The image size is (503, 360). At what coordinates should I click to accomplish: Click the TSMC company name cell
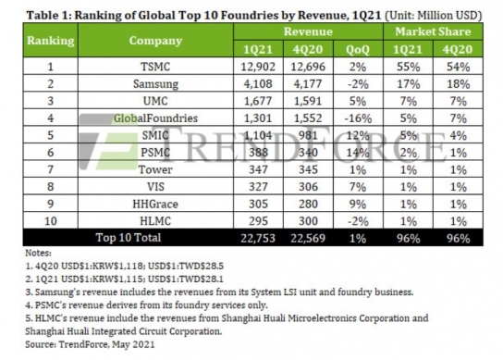pyautogui.click(x=155, y=67)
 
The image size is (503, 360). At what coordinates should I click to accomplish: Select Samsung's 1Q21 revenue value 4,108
pyautogui.click(x=258, y=84)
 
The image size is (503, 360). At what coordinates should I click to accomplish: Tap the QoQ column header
pyautogui.click(x=358, y=49)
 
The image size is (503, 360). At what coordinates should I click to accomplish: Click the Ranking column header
pyautogui.click(x=50, y=41)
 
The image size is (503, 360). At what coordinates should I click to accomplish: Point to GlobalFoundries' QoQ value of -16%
pyautogui.click(x=358, y=118)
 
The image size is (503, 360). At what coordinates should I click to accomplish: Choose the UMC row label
pyautogui.click(x=155, y=101)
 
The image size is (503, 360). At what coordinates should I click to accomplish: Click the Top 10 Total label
pyautogui.click(x=129, y=238)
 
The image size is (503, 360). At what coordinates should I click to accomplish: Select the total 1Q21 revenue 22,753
pyautogui.click(x=258, y=238)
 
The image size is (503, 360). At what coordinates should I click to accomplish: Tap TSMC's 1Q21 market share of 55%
pyautogui.click(x=408, y=67)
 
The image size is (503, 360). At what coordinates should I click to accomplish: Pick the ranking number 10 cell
pyautogui.click(x=50, y=221)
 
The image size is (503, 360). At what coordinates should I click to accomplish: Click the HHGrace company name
pyautogui.click(x=155, y=204)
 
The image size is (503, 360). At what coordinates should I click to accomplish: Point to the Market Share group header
pyautogui.click(x=433, y=31)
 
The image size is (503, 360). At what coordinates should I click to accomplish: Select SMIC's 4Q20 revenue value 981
pyautogui.click(x=308, y=135)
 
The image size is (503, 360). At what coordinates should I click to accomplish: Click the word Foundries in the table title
pyautogui.click(x=250, y=15)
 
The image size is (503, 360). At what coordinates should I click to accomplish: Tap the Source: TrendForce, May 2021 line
pyautogui.click(x=90, y=344)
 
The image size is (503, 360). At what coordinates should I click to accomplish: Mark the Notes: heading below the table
pyautogui.click(x=38, y=253)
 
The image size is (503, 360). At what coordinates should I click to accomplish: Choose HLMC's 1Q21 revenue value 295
pyautogui.click(x=258, y=221)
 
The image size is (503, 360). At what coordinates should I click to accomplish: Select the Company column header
pyautogui.click(x=155, y=41)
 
